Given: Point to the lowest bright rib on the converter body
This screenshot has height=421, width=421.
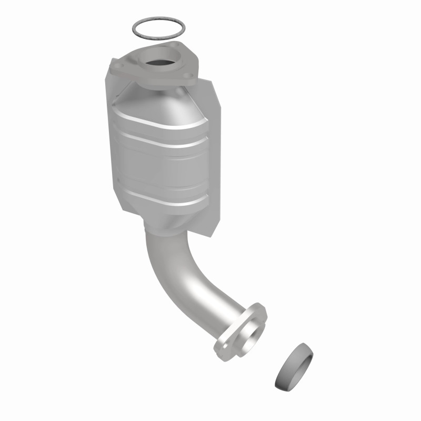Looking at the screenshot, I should pyautogui.click(x=158, y=197).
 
